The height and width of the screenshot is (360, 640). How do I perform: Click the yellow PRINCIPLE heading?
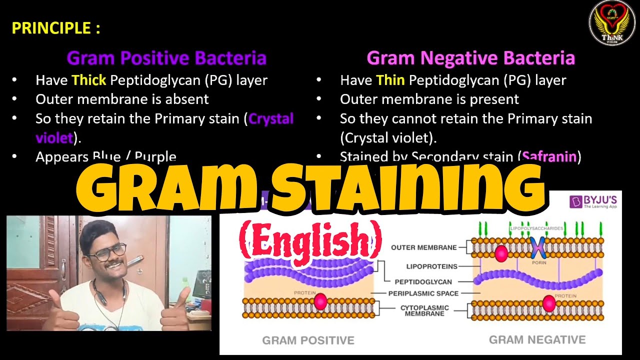click(56, 28)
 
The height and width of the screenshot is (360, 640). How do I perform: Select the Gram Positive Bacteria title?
click(166, 58)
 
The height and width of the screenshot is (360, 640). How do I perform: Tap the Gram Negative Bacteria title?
click(470, 58)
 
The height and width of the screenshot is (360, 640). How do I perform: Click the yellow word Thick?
click(89, 80)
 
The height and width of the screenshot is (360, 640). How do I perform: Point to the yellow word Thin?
click(390, 80)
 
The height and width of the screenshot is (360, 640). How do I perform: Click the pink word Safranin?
click(549, 156)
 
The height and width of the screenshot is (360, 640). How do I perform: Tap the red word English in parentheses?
click(310, 238)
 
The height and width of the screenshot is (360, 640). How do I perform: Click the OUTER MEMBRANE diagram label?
click(423, 247)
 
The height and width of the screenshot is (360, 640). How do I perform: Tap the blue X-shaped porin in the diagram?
click(538, 248)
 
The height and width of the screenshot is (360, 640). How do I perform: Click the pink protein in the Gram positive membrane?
click(320, 301)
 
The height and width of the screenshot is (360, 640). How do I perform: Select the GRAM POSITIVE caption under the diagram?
click(308, 340)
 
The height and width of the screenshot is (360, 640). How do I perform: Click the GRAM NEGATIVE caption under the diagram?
click(537, 340)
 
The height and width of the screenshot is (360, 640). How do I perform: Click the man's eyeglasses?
click(106, 252)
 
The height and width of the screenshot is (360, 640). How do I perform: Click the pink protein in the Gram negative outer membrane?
click(501, 253)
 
